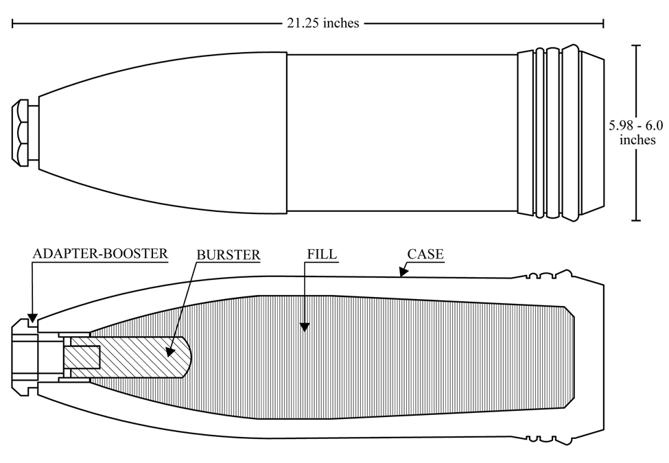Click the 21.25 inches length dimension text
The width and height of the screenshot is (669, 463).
(x=322, y=23)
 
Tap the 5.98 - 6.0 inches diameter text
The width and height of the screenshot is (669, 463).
(x=636, y=132)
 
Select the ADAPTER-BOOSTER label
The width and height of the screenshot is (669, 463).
(x=100, y=254)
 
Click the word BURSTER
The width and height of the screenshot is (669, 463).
(x=228, y=255)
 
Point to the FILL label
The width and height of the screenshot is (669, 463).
(x=322, y=254)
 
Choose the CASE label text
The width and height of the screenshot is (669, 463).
(x=425, y=254)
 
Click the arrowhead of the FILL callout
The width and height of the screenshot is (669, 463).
(x=304, y=327)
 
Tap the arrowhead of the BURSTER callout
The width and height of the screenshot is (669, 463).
(x=169, y=351)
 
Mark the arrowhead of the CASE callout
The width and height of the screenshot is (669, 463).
(x=401, y=272)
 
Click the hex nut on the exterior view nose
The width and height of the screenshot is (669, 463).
(x=20, y=132)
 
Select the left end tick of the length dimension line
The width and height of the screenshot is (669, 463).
(x=12, y=23)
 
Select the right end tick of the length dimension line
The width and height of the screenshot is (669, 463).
(x=603, y=23)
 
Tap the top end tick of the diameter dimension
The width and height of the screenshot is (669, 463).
(x=635, y=45)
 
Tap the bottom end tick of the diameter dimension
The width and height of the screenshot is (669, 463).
(x=635, y=220)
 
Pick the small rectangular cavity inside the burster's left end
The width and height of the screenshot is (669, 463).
(x=82, y=357)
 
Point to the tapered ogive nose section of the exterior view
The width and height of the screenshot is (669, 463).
(x=163, y=132)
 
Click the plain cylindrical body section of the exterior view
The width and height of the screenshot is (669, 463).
(x=402, y=132)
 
